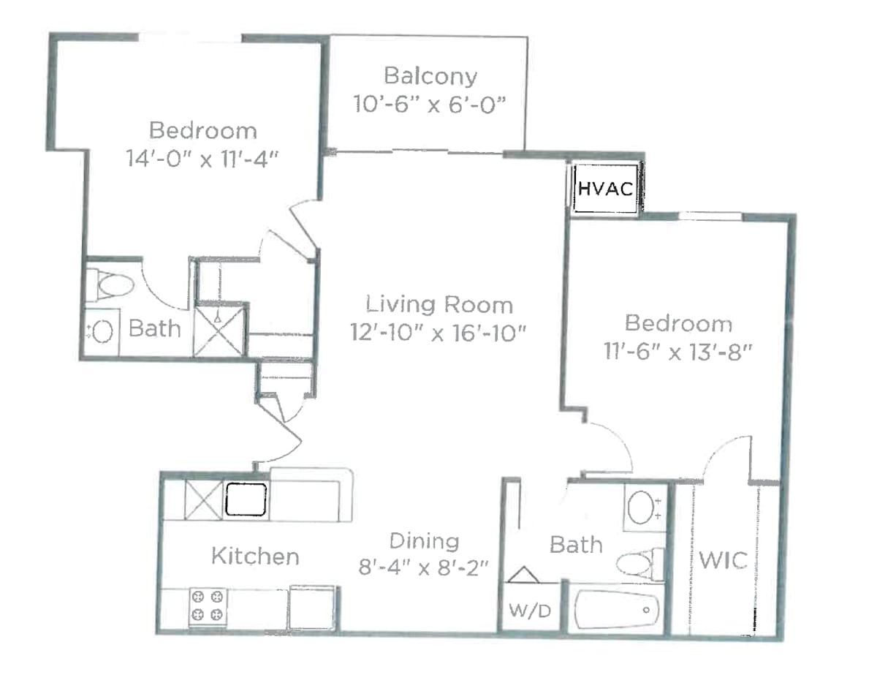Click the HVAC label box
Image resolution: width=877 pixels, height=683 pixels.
tap(605, 188)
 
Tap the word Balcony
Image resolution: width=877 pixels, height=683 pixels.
tap(430, 77)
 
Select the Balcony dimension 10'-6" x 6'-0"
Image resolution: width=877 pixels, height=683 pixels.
tap(430, 105)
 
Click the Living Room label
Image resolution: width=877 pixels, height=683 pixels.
tap(439, 305)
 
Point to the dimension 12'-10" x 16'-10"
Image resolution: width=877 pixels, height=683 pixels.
tap(438, 333)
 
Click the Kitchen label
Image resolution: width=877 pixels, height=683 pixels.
tap(255, 556)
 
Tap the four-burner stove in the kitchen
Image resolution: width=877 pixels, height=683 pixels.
tap(208, 605)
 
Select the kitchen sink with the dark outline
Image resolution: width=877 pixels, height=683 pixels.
tap(246, 499)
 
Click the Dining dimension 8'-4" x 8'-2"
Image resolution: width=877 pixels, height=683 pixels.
tap(423, 567)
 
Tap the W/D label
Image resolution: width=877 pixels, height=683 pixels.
tap(530, 611)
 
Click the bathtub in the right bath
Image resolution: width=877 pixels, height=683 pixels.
tap(616, 610)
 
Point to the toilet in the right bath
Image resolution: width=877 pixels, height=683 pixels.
tap(639, 564)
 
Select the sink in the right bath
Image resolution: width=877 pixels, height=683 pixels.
tap(645, 507)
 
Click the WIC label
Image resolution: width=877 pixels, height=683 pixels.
tap(723, 561)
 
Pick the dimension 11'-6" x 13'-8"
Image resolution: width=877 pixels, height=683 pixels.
tap(678, 352)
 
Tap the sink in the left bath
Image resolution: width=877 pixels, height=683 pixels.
tap(102, 332)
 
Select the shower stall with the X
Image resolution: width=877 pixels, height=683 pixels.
tap(219, 332)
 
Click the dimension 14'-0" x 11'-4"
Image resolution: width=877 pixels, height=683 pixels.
tap(202, 159)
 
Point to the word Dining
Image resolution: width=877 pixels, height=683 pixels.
tap(424, 541)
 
